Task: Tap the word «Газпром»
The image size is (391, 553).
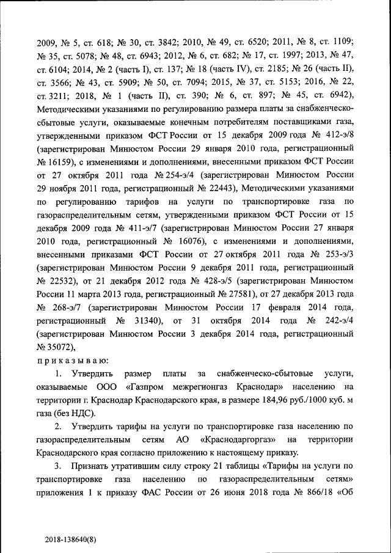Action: pos(150,387)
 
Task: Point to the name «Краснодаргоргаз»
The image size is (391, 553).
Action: pos(230,439)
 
